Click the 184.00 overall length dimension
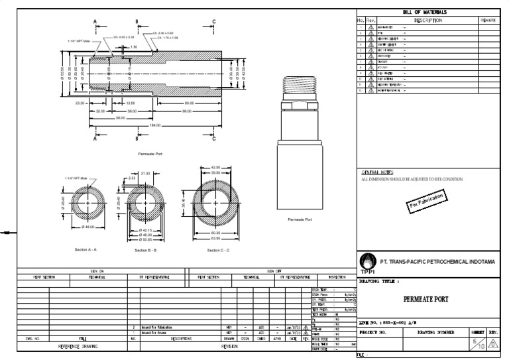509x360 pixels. click(154, 125)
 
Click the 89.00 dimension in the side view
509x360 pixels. click(189, 103)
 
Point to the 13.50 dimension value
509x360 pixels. click(130, 103)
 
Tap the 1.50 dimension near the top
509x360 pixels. click(133, 47)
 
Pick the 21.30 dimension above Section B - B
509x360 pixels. click(146, 173)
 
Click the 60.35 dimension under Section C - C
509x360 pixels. click(216, 233)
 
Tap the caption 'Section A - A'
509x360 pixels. click(86, 249)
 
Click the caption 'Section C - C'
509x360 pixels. click(218, 250)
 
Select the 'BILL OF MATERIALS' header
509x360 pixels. click(424, 13)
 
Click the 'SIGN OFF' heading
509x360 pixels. click(274, 270)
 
